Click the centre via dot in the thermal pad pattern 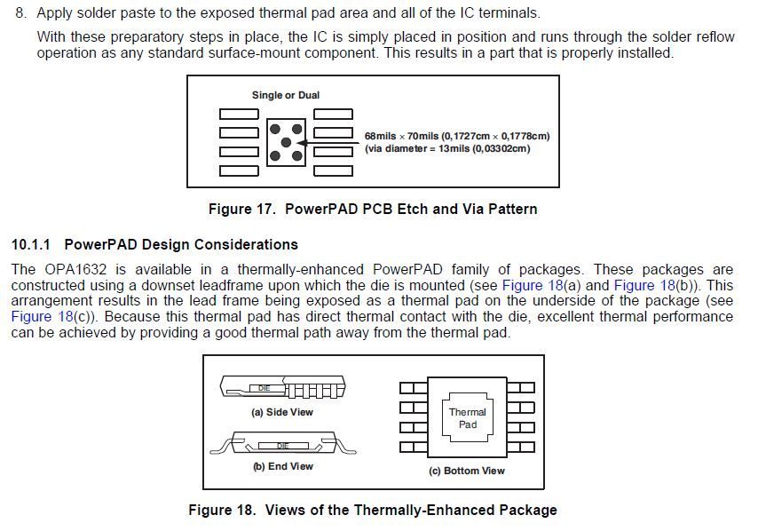pos(286,142)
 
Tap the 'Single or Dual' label pos(286,95)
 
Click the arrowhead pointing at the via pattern pos(303,143)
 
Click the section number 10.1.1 pos(31,245)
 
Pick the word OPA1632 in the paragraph pos(76,269)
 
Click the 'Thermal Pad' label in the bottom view pos(468,418)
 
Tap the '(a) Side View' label pos(282,412)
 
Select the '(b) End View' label pos(283,466)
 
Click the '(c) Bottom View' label pos(467,471)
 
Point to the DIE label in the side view pos(264,388)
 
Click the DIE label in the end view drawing pos(283,446)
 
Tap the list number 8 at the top pos(20,13)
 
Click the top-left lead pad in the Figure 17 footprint pos(239,115)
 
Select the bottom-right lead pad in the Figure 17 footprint pos(333,170)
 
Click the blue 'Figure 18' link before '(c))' pos(42,317)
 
